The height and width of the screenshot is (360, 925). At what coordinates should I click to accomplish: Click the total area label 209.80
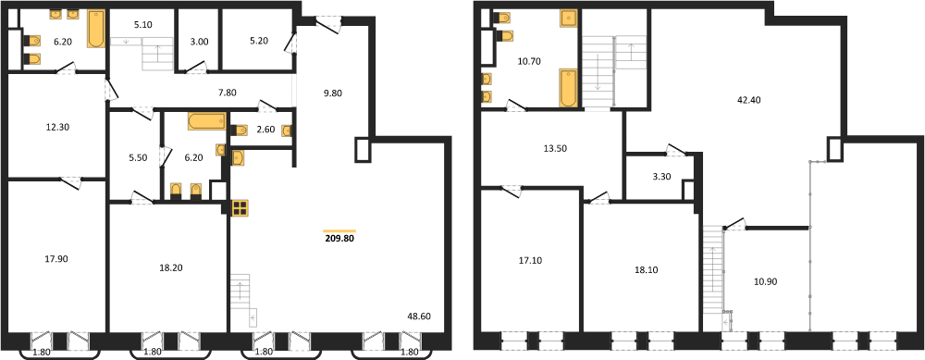click(339, 239)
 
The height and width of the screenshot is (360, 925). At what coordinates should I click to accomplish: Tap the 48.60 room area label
click(418, 317)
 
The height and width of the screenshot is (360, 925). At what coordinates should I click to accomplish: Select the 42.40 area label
click(748, 100)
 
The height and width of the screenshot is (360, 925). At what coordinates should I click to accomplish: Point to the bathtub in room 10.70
click(568, 88)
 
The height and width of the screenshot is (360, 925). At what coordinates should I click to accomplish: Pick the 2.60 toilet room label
click(266, 130)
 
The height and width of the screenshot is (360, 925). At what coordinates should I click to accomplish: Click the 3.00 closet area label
click(199, 42)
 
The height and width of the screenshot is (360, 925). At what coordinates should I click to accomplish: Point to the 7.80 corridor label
click(228, 92)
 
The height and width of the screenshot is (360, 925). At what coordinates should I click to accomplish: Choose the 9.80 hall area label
click(333, 92)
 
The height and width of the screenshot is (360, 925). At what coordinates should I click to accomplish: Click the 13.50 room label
click(554, 148)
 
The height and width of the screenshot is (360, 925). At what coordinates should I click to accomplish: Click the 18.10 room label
click(646, 269)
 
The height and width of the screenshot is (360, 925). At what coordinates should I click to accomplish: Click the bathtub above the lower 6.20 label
click(206, 121)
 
